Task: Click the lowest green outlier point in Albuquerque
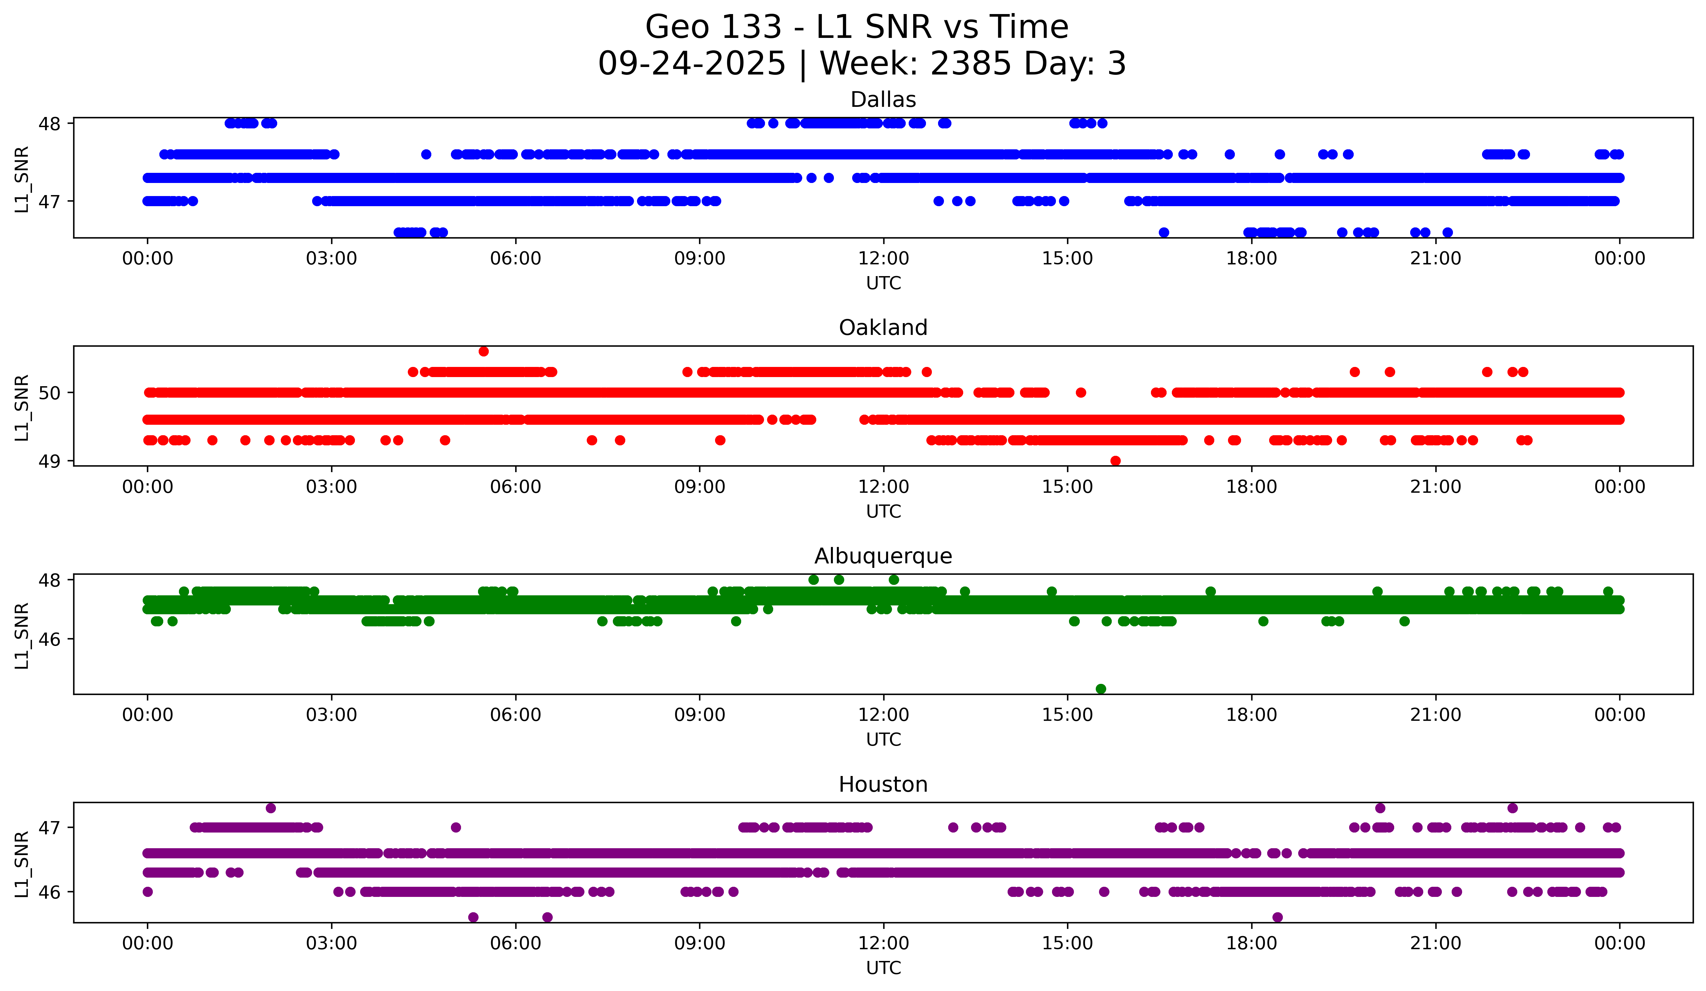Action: pos(1101,689)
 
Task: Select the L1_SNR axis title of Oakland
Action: pos(22,407)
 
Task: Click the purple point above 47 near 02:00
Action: pos(271,808)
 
